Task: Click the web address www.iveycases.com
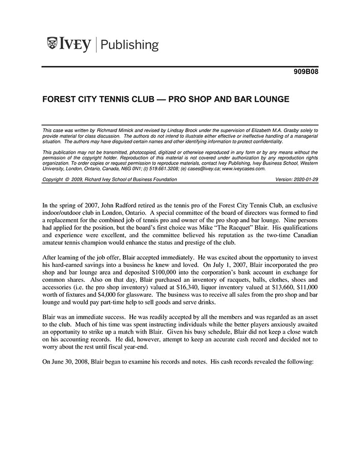click(244, 168)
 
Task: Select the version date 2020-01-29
click(307, 180)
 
